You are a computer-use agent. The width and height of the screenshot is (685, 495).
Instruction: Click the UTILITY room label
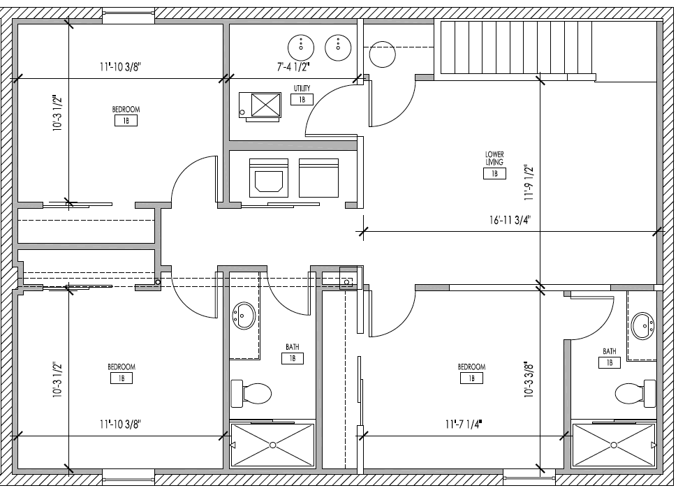[x=302, y=88]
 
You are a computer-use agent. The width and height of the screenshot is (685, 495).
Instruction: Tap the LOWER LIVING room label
[x=494, y=158]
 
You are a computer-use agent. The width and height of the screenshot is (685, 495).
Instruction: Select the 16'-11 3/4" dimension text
[x=510, y=220]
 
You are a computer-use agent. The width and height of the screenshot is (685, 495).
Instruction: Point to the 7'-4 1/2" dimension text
[x=293, y=67]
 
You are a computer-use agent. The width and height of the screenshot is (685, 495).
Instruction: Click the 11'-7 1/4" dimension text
[x=464, y=424]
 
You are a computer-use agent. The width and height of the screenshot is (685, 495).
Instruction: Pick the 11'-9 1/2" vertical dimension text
[x=529, y=182]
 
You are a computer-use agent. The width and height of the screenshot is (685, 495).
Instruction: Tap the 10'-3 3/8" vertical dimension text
[x=529, y=378]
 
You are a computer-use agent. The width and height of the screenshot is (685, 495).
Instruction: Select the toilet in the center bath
[x=251, y=393]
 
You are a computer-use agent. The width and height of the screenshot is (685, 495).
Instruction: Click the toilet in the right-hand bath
[x=635, y=393]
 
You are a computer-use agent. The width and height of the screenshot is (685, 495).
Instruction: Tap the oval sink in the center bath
[x=244, y=316]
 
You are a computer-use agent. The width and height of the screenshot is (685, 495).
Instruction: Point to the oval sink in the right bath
[x=643, y=325]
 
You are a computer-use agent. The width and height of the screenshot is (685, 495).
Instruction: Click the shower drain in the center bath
[x=272, y=445]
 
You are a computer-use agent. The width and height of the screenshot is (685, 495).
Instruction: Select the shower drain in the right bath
[x=614, y=445]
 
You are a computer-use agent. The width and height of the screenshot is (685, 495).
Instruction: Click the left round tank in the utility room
[x=301, y=47]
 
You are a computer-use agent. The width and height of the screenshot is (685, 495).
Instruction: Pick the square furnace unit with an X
[x=260, y=105]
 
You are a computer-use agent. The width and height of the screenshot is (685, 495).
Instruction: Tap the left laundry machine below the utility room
[x=269, y=178]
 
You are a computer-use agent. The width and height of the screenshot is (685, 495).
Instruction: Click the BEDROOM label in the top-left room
[x=126, y=109]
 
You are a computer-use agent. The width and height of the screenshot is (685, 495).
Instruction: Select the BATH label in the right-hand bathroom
[x=610, y=351]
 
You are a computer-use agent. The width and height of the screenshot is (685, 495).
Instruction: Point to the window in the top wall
[x=128, y=16]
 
